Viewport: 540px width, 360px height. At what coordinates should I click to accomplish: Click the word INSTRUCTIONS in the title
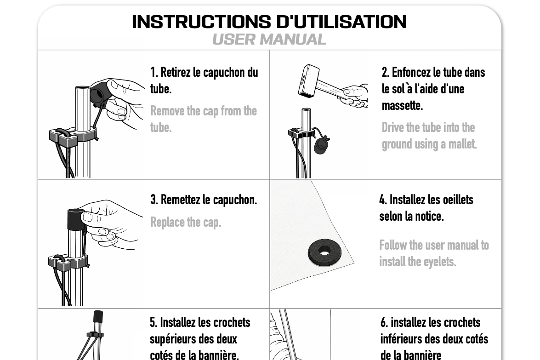point(201,22)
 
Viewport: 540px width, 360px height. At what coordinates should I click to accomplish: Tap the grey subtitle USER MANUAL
point(269,39)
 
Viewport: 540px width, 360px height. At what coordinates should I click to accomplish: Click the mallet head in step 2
point(308,80)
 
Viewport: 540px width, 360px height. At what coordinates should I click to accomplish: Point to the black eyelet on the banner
point(324,252)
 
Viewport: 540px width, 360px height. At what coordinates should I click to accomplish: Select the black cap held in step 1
point(100,91)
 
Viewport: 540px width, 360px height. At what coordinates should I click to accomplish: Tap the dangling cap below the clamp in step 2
point(321,145)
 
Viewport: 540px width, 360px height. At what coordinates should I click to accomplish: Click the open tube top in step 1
point(82,89)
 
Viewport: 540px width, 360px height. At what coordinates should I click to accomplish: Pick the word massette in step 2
point(402,105)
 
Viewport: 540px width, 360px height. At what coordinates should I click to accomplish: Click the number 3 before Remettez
point(154,200)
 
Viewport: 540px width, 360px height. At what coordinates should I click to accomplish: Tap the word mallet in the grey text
point(462,144)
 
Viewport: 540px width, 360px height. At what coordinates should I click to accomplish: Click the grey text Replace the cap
point(186,223)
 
